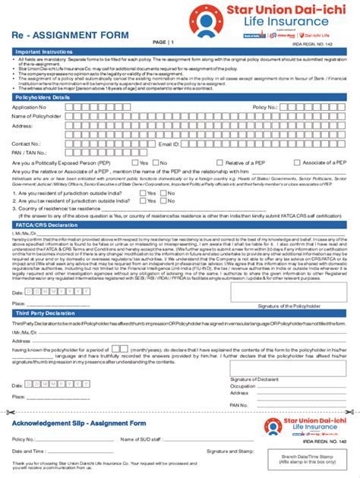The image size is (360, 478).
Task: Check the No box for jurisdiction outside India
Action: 162,192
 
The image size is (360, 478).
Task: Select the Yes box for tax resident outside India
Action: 142,200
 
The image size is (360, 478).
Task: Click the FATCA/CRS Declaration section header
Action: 44,225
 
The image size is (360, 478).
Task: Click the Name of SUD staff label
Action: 141,439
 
